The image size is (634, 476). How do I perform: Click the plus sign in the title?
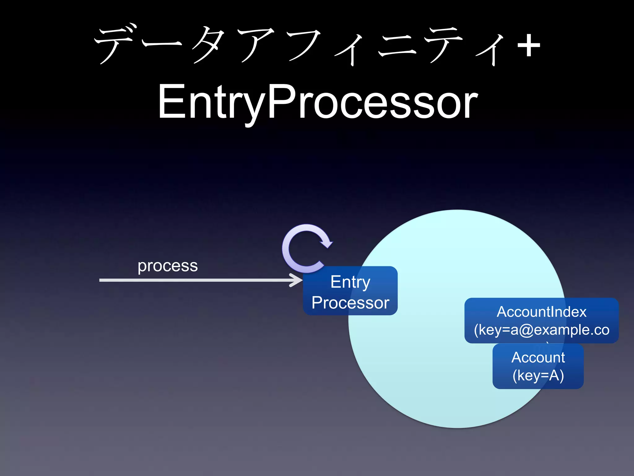[529, 46]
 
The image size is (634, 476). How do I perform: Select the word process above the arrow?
[167, 266]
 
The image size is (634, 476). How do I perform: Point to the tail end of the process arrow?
[101, 280]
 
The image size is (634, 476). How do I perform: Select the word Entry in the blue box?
[350, 282]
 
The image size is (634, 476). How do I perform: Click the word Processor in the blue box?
[350, 303]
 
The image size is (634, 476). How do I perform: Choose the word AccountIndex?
[541, 312]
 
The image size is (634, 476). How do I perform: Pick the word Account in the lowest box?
[538, 358]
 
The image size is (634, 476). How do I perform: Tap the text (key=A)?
[538, 376]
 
